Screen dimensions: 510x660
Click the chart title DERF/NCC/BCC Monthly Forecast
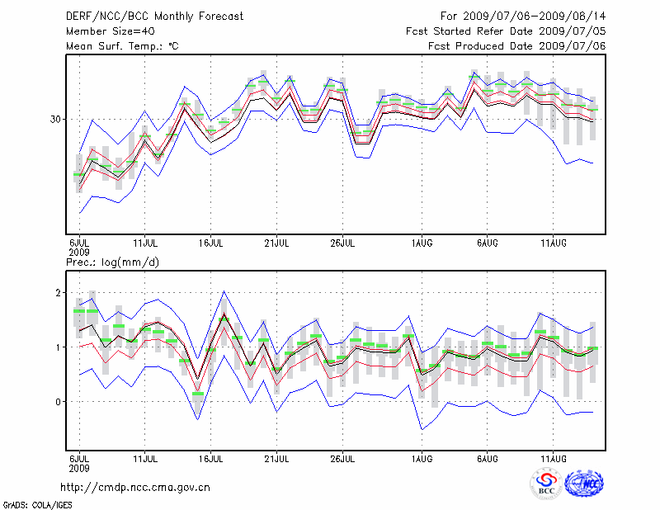pos(154,17)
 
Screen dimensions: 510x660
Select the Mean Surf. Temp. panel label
pos(122,46)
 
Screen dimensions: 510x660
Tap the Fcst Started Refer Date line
pos(506,31)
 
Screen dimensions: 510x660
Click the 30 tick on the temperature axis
pos(56,119)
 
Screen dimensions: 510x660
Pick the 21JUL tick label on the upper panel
pos(276,243)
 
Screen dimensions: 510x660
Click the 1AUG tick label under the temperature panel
pos(422,243)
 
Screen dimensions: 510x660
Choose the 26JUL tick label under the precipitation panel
pos(342,457)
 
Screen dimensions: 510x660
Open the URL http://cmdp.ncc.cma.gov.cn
pos(135,487)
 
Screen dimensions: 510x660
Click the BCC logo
pos(546,483)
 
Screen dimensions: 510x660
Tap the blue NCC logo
pos(583,483)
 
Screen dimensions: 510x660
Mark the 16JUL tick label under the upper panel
pos(210,243)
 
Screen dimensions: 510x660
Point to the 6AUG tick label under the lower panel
pos(487,457)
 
